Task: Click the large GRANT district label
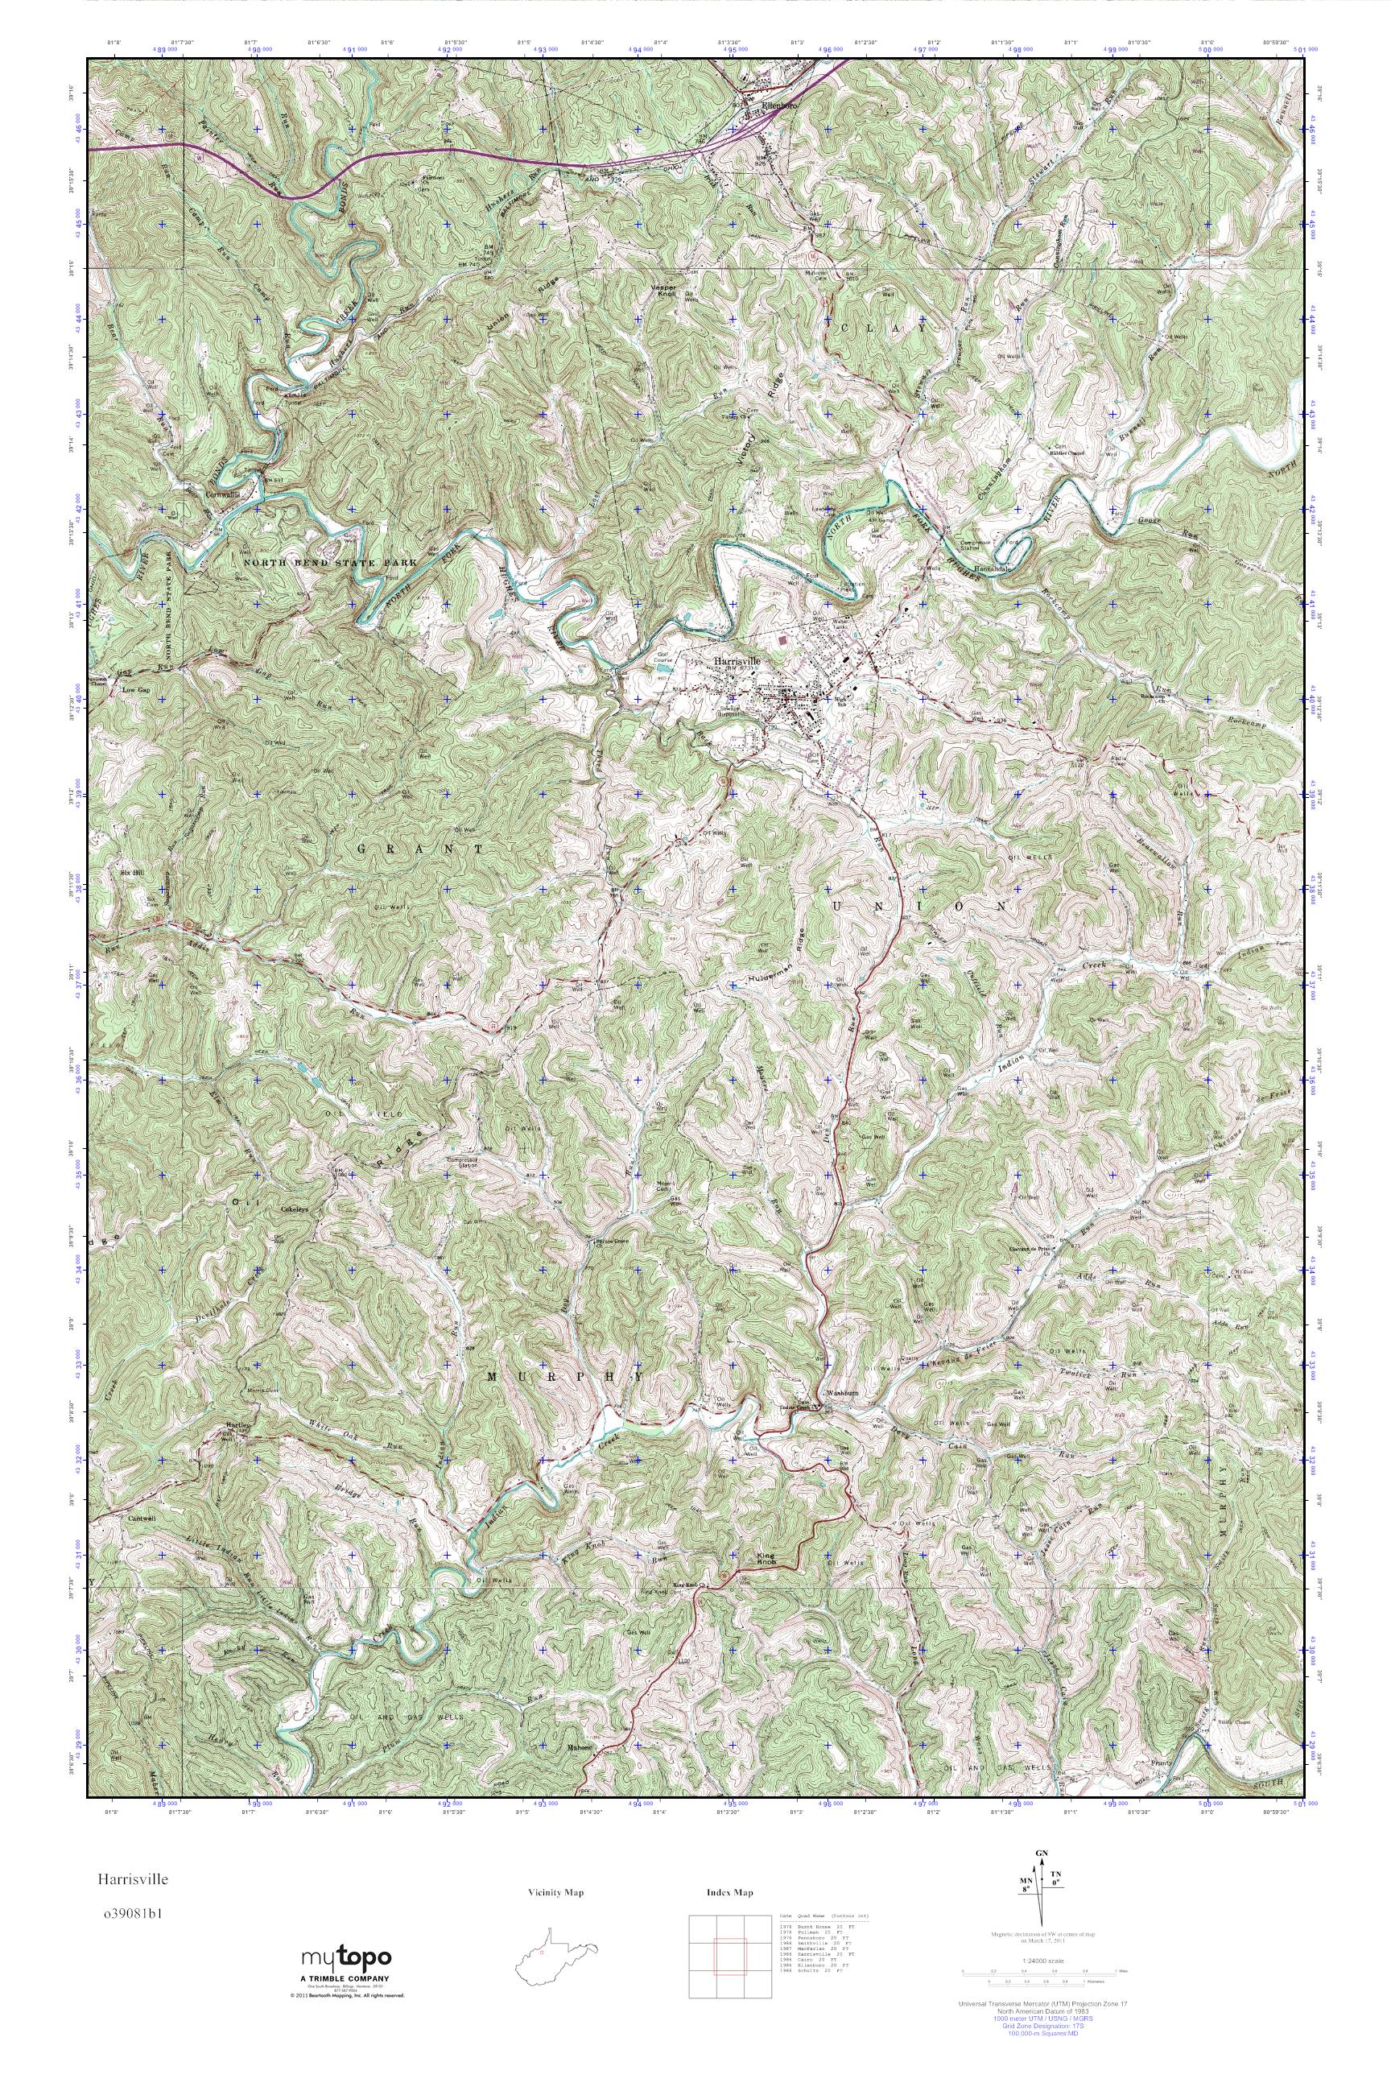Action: pyautogui.click(x=421, y=849)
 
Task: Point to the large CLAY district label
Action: pyautogui.click(x=884, y=329)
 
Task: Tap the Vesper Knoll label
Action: pyautogui.click(x=663, y=291)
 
